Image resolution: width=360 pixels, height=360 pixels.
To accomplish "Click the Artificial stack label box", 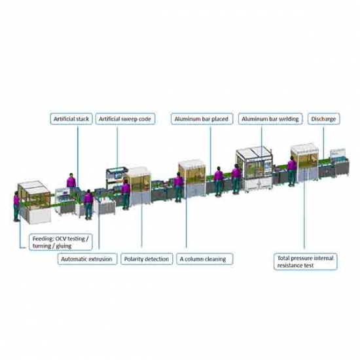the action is (x=71, y=119).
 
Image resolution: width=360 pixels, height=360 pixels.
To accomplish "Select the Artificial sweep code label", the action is (x=125, y=119).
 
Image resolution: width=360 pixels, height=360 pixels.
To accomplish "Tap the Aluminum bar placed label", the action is (x=202, y=119).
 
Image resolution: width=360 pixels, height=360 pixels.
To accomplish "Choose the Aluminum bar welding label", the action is (x=270, y=119).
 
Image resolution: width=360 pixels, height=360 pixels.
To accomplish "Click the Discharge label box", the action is (x=323, y=119).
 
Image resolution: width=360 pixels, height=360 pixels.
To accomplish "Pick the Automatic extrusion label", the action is (x=87, y=259).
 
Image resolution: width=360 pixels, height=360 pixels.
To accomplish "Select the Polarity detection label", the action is (x=147, y=259).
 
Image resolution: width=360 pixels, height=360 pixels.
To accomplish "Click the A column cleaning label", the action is (x=205, y=259).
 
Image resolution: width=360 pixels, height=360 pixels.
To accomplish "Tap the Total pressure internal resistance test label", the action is (x=306, y=262).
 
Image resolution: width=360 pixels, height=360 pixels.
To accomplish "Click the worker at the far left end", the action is (x=16, y=206).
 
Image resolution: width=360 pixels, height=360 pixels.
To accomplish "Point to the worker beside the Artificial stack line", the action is (x=71, y=181).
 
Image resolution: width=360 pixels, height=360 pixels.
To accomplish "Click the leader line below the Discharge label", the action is (x=323, y=143).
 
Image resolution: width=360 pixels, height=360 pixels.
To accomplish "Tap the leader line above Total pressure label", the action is (x=304, y=209).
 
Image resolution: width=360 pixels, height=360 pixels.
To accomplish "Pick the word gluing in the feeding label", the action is (x=63, y=246).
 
